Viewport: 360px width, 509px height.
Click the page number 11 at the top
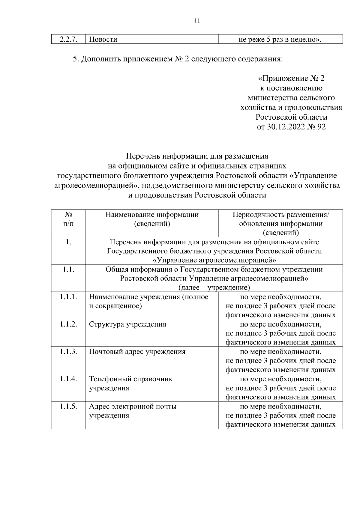point(197,21)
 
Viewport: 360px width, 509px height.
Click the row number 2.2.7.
point(69,39)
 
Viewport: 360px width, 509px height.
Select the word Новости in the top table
point(103,39)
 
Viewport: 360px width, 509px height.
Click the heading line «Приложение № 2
point(291,79)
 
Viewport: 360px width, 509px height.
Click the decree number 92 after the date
point(321,127)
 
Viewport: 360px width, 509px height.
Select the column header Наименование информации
point(152,215)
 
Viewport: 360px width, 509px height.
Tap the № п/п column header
point(69,219)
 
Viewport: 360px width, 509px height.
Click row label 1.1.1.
point(69,297)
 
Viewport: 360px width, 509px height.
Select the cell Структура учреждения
point(127,324)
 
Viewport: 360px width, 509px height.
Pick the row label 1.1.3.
point(69,352)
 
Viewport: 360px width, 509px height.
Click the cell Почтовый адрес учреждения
point(137,352)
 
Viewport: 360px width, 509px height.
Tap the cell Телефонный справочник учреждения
point(131,383)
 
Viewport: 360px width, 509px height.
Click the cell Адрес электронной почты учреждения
point(133,411)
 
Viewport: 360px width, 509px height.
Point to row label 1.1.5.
point(69,406)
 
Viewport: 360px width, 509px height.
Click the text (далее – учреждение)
point(214,288)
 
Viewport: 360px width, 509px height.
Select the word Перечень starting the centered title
point(143,156)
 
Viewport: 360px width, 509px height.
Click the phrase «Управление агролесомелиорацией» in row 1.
point(214,260)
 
